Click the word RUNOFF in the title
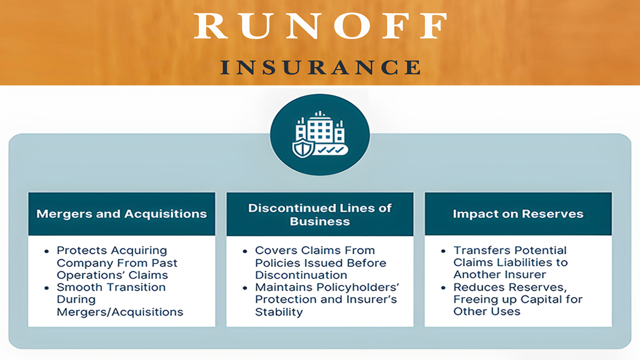point(321,26)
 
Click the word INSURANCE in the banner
point(321,67)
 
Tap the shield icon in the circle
point(302,149)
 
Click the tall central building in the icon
point(320,127)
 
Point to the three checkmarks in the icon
point(331,150)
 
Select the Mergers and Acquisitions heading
point(122,214)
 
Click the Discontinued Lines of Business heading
point(320,214)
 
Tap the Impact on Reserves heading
point(518,214)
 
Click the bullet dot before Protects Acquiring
point(46,251)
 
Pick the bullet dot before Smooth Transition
point(46,288)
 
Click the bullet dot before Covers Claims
point(245,251)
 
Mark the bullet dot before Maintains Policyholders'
point(245,288)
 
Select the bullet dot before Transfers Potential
point(443,251)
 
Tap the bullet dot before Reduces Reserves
point(443,288)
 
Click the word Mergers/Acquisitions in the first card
point(120,312)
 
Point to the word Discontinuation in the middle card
point(301,275)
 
